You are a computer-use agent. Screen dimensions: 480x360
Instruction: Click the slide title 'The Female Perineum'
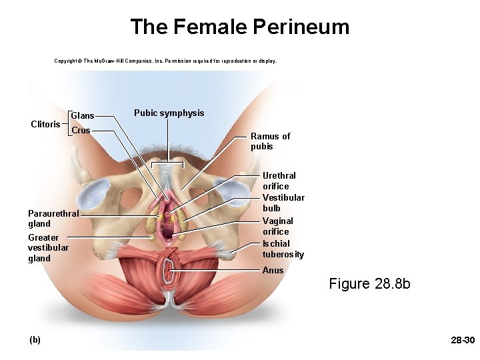click(239, 27)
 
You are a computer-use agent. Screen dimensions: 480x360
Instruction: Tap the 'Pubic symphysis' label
click(169, 113)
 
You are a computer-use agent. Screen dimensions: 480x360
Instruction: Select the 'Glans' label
click(83, 116)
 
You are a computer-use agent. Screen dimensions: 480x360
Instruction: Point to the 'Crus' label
click(81, 130)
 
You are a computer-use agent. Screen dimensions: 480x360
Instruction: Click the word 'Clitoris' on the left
click(46, 124)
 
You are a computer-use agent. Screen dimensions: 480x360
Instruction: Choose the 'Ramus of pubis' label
click(270, 141)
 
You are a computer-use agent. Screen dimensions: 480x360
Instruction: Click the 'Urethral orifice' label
click(279, 181)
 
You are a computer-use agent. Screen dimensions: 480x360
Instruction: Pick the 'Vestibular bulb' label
click(283, 203)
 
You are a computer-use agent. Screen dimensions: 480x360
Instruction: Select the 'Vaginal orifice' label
click(277, 226)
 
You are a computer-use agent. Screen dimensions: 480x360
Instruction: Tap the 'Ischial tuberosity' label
click(283, 249)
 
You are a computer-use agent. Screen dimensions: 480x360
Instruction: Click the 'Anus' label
click(273, 270)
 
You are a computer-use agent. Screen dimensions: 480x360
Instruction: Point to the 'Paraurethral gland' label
click(53, 219)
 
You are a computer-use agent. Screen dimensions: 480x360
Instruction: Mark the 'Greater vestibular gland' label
click(48, 247)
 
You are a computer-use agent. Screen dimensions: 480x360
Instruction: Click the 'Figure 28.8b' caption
click(369, 284)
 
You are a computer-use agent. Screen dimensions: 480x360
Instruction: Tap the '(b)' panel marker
click(35, 339)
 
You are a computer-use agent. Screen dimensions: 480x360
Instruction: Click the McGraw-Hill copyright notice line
click(165, 61)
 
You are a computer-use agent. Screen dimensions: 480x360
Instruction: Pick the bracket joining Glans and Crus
click(69, 123)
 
